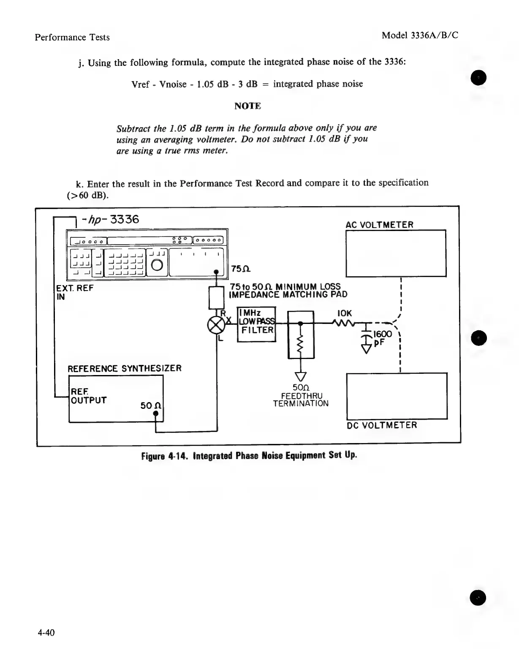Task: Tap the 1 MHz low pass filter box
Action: pyautogui.click(x=256, y=324)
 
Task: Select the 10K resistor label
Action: pyautogui.click(x=345, y=313)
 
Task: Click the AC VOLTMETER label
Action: pyautogui.click(x=379, y=225)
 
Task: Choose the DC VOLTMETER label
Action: pyautogui.click(x=382, y=425)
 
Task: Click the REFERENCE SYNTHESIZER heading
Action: pyautogui.click(x=125, y=368)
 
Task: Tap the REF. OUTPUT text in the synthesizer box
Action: pyautogui.click(x=88, y=396)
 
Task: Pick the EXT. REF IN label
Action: pyautogui.click(x=74, y=292)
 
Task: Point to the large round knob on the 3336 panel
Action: pyautogui.click(x=157, y=265)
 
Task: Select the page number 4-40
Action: pyautogui.click(x=46, y=632)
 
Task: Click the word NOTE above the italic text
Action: pyautogui.click(x=247, y=106)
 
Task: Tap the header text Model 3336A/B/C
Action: pyautogui.click(x=420, y=35)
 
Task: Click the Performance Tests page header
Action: pyautogui.click(x=72, y=37)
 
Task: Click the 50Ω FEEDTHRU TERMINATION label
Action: pyautogui.click(x=301, y=395)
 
